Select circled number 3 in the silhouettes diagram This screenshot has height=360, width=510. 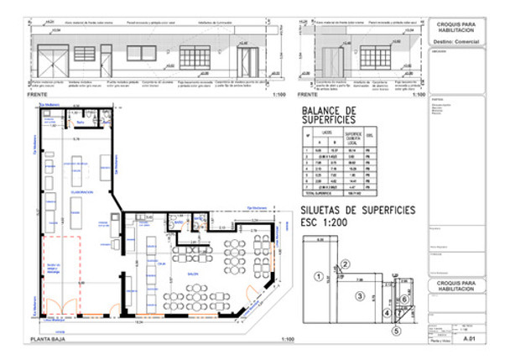click(x=358, y=295)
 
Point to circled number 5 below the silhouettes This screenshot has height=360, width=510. click(x=397, y=330)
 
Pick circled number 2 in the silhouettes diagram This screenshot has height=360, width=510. click(x=344, y=265)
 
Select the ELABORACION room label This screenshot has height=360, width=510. click(x=82, y=192)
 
